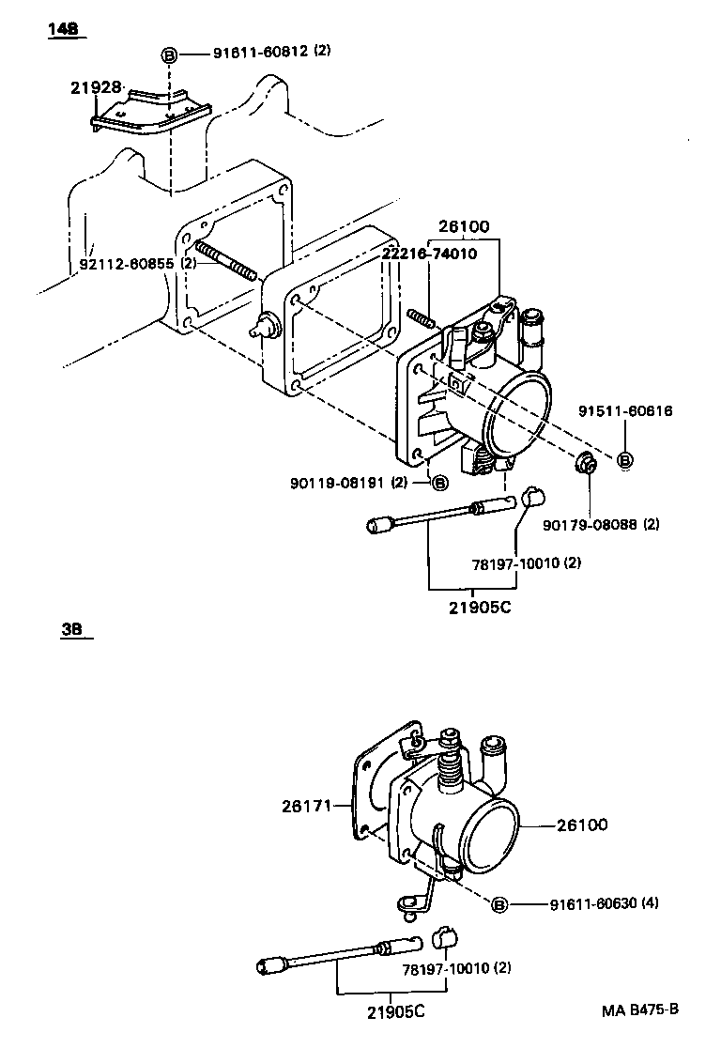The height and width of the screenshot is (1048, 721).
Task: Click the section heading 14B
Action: (64, 30)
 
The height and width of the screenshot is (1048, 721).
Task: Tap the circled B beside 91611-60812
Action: (169, 54)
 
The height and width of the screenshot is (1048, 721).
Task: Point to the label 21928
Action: (95, 87)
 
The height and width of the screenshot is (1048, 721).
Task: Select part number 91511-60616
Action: (624, 411)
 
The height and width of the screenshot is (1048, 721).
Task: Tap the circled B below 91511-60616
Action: (624, 459)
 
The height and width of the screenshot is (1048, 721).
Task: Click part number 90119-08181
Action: (339, 483)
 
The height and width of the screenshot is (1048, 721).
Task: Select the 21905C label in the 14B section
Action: (478, 607)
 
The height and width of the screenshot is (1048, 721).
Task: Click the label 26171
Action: (304, 805)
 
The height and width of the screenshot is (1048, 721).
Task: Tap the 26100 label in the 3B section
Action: (582, 825)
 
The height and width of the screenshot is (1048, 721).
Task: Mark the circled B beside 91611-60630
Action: (499, 904)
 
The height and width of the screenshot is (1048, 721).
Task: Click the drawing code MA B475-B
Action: (639, 1011)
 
